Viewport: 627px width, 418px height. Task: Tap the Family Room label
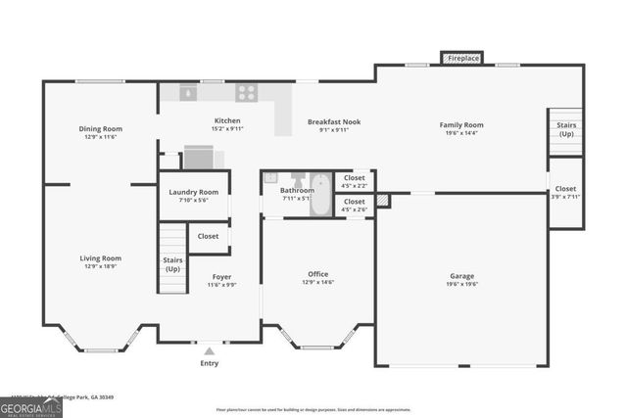point(461,124)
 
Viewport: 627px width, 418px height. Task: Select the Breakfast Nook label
point(334,121)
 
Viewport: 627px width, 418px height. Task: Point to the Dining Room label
point(100,128)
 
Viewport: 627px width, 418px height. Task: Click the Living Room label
point(100,258)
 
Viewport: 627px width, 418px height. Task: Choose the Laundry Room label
point(194,192)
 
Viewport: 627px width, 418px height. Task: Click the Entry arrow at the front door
point(210,349)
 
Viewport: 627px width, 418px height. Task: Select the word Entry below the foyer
point(210,363)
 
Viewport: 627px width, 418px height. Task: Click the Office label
point(318,274)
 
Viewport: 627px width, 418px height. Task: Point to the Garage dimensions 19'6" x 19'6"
point(461,285)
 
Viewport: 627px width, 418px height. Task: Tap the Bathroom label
point(297,190)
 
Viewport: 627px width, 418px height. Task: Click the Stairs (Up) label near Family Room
point(566,130)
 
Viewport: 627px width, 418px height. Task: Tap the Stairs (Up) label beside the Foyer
point(172,264)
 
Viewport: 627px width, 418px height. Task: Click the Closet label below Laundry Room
point(208,236)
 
